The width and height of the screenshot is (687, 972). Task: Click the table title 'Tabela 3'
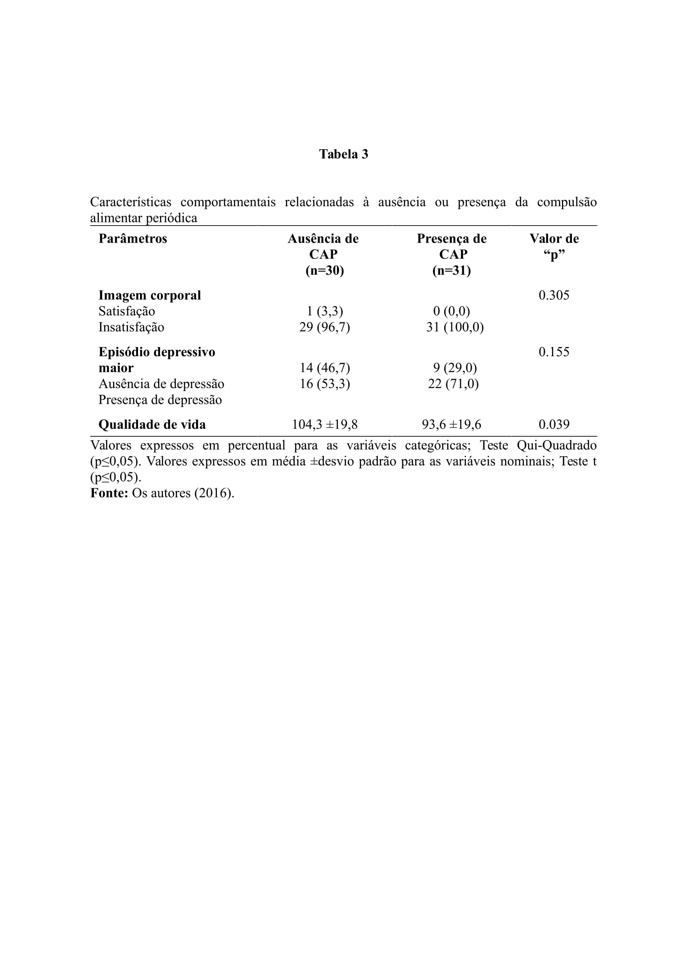[x=343, y=154]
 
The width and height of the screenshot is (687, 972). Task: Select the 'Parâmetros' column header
[x=133, y=239]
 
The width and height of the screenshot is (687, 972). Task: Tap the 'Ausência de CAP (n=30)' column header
[x=323, y=254]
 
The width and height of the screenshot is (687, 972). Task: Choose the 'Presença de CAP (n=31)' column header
[x=452, y=254]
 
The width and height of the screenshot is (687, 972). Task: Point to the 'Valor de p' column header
[x=554, y=246]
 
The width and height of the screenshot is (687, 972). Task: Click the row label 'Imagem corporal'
[x=150, y=295]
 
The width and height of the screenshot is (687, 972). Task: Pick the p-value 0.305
[x=554, y=295]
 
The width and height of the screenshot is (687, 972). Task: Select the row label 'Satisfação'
[x=127, y=312]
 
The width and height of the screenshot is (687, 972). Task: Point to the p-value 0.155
[x=554, y=352]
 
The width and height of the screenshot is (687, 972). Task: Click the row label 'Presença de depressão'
[x=160, y=400]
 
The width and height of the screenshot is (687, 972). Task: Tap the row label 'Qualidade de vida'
[x=152, y=425]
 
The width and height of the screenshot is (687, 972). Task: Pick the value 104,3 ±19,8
[x=325, y=425]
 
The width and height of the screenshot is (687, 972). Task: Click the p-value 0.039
[x=554, y=425]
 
